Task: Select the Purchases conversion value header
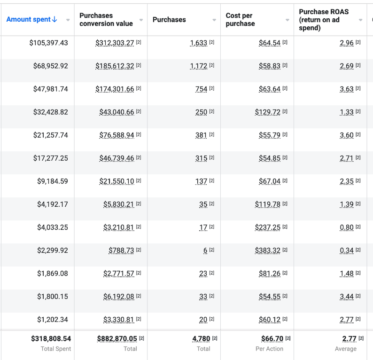pyautogui.click(x=106, y=20)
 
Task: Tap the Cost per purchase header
pyautogui.click(x=240, y=20)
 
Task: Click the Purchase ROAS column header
pyautogui.click(x=324, y=20)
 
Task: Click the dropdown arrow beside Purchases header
pyautogui.click(x=214, y=20)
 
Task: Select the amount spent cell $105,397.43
pyautogui.click(x=48, y=43)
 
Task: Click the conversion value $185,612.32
pyautogui.click(x=115, y=66)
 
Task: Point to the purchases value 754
pyautogui.click(x=201, y=89)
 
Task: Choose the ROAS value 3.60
pyautogui.click(x=347, y=135)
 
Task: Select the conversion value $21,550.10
pyautogui.click(x=117, y=181)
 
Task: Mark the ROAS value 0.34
pyautogui.click(x=347, y=250)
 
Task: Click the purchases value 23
pyautogui.click(x=203, y=274)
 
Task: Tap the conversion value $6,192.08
pyautogui.click(x=118, y=297)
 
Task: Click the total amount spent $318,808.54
pyautogui.click(x=51, y=338)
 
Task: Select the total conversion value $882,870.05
pyautogui.click(x=117, y=338)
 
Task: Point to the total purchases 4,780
pyautogui.click(x=201, y=338)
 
